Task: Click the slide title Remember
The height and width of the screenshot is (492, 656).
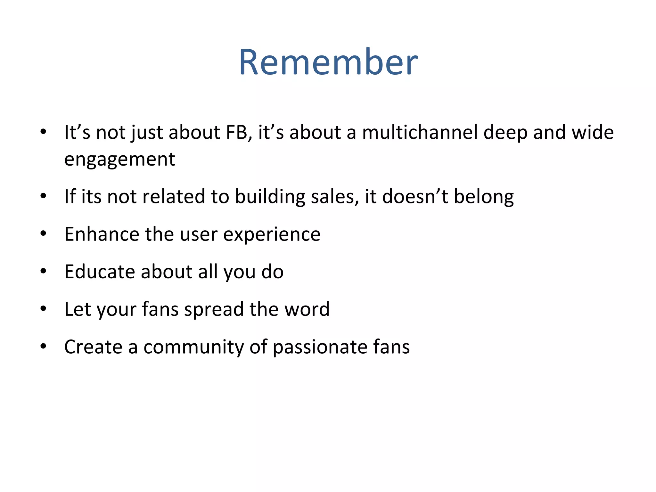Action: [328, 62]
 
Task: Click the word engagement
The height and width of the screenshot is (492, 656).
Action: [120, 159]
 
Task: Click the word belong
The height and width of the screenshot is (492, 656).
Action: [484, 196]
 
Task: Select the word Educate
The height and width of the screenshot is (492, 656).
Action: [100, 272]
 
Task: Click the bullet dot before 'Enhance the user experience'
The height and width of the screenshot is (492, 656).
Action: [44, 234]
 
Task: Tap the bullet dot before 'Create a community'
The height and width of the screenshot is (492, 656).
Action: [44, 346]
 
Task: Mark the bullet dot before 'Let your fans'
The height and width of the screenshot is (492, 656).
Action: [44, 309]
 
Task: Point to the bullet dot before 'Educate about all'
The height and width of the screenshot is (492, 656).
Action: [44, 271]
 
